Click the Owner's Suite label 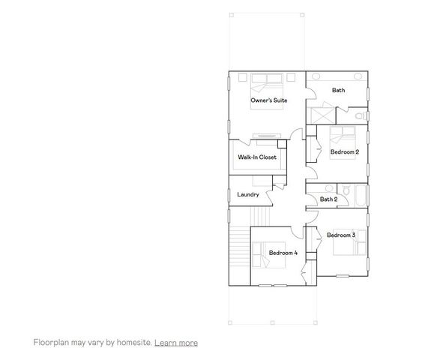[x=268, y=100]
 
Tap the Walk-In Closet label [x=257, y=157]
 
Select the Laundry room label [x=248, y=195]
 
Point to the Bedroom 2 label [x=345, y=152]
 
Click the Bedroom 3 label [x=340, y=235]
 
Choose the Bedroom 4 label [x=283, y=253]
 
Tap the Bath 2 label [x=328, y=199]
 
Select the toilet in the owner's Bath [x=361, y=115]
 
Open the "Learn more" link [x=176, y=343]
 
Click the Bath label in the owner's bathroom [x=339, y=91]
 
